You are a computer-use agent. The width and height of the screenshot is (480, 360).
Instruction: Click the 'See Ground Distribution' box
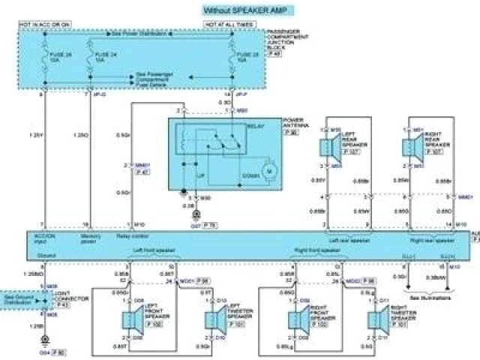(17, 298)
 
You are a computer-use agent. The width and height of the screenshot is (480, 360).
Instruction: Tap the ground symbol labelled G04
(44, 341)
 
